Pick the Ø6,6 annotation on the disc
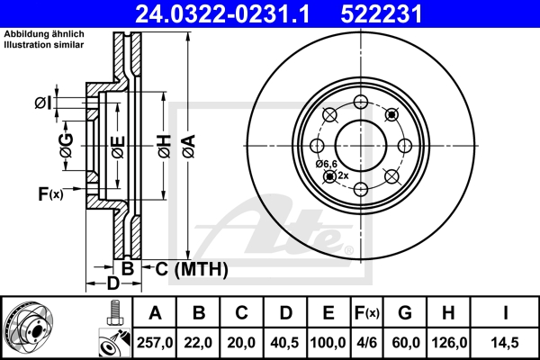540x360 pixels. [326, 164]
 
